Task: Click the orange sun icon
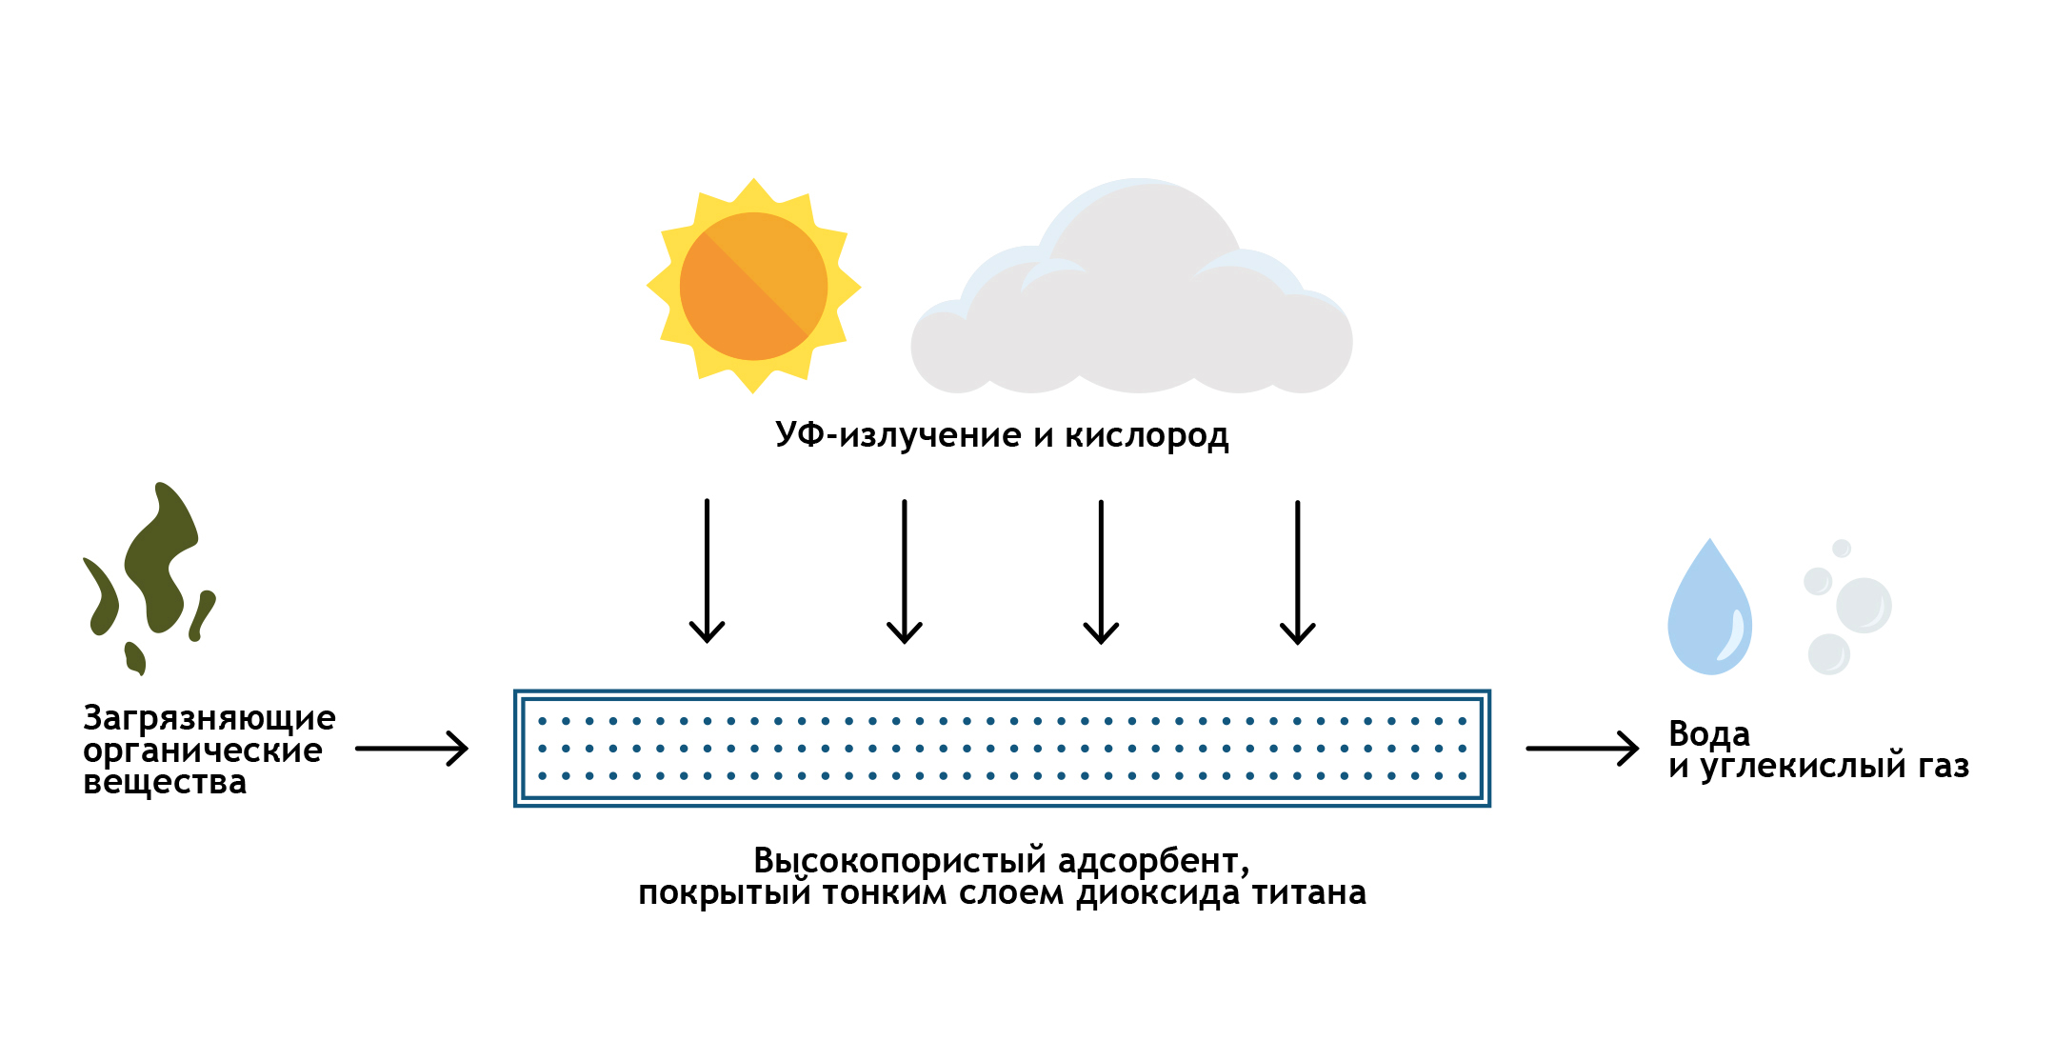(x=753, y=286)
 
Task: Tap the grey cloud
(x=1133, y=305)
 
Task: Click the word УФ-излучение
(x=898, y=435)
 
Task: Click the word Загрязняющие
(x=209, y=718)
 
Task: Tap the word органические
(x=202, y=751)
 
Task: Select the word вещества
(x=165, y=782)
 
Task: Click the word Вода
(x=1708, y=734)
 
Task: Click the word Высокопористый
(x=899, y=861)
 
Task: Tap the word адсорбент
(x=1153, y=861)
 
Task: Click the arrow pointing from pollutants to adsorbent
(x=411, y=749)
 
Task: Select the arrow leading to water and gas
(x=1582, y=749)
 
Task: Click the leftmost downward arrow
(x=707, y=571)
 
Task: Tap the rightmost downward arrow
(x=1297, y=571)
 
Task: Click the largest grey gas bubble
(x=1863, y=605)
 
